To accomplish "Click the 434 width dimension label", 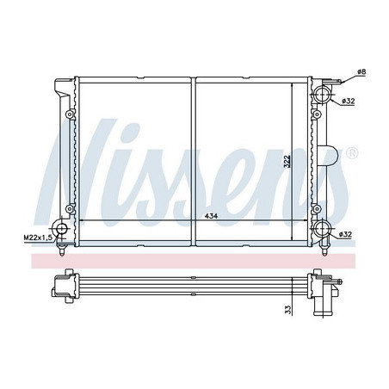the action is (211, 216).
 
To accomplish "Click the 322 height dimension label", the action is (287, 161).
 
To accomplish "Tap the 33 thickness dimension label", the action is (288, 309).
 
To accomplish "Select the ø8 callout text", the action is (361, 71).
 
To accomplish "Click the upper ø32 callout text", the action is (349, 101).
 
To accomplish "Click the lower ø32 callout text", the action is (345, 234).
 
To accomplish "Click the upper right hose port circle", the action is (322, 95).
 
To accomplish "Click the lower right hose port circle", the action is (323, 228).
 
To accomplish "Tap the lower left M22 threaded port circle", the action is (61, 229).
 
